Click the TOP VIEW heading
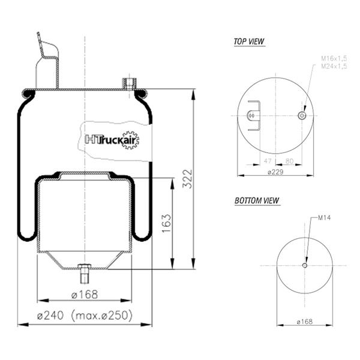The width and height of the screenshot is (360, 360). pyautogui.click(x=249, y=41)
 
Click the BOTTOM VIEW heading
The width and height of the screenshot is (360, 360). pyautogui.click(x=257, y=200)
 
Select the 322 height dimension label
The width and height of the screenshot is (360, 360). pyautogui.click(x=187, y=179)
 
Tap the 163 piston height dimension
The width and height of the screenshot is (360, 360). pyautogui.click(x=166, y=223)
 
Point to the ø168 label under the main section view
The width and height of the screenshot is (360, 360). pyautogui.click(x=85, y=295)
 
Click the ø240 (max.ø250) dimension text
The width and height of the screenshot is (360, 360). pyautogui.click(x=85, y=315)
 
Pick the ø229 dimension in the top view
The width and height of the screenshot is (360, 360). pyautogui.click(x=275, y=172)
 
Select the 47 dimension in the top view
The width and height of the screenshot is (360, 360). pyautogui.click(x=268, y=161)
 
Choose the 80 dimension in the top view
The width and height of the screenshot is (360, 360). pyautogui.click(x=290, y=161)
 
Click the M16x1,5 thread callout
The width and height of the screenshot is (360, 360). pyautogui.click(x=334, y=59)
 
